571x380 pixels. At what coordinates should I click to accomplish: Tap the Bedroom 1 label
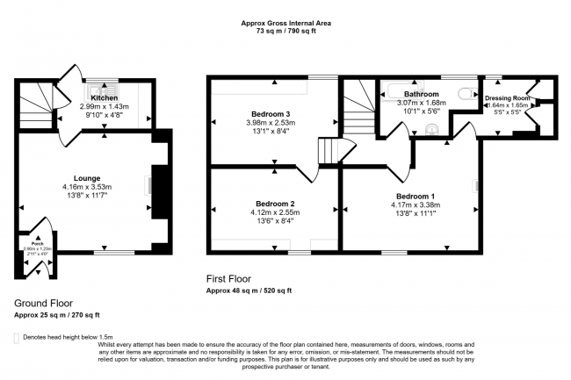414,196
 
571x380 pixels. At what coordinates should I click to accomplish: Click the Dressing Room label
507,98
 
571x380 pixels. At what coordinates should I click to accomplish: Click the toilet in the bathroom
431,130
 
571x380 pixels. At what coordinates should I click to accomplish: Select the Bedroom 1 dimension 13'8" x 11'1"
414,214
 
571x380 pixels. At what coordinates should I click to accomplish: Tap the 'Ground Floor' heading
42,303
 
